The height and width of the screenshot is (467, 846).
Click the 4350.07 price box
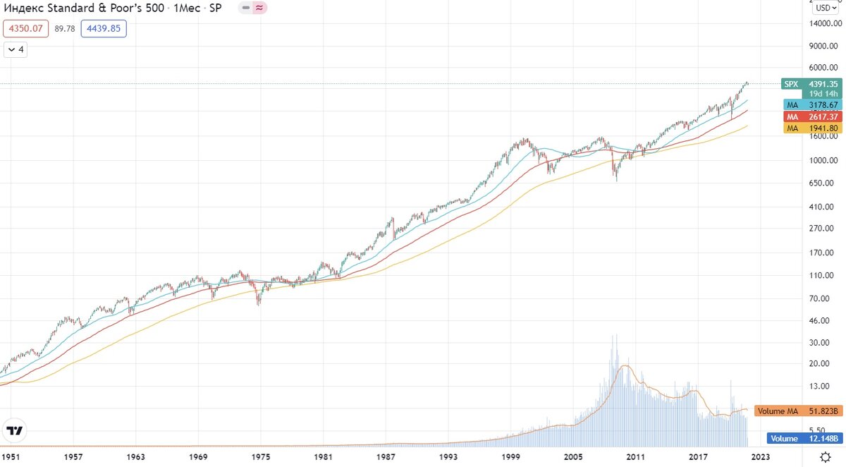click(x=27, y=29)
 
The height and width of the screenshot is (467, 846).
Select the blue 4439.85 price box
click(x=104, y=29)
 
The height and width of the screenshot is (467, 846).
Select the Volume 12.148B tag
click(x=803, y=438)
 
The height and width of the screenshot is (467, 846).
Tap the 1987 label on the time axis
click(x=385, y=457)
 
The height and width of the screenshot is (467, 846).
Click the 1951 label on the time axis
click(x=11, y=457)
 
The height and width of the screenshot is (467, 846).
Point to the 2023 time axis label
click(x=761, y=457)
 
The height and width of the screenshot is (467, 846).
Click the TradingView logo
click(x=14, y=430)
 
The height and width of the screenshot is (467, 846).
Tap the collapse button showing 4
click(x=16, y=49)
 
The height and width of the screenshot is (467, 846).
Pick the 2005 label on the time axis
click(x=573, y=457)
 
